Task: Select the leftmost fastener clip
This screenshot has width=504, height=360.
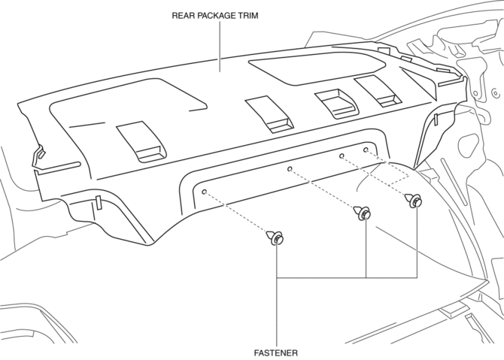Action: [x=275, y=238]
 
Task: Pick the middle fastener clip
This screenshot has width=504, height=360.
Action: [x=363, y=213]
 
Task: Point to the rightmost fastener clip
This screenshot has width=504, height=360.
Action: [x=414, y=201]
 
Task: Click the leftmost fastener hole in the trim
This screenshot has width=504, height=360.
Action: [x=204, y=192]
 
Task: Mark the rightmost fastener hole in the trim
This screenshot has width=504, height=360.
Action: [x=366, y=150]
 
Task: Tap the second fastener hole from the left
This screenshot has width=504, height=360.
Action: [x=290, y=170]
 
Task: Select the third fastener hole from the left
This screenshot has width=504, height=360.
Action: [x=342, y=156]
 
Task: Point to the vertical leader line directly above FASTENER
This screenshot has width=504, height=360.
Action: [x=278, y=308]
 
